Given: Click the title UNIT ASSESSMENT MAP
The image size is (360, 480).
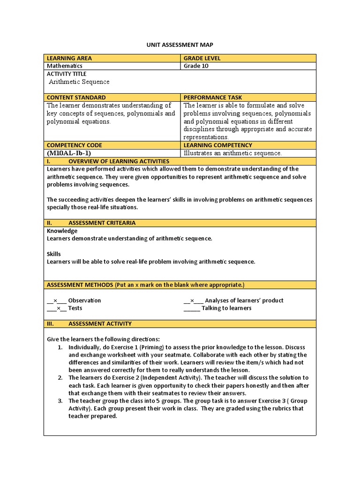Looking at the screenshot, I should [180, 45].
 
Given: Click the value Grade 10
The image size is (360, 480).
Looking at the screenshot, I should [196, 66].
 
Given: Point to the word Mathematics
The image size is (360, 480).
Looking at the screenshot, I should [65, 66].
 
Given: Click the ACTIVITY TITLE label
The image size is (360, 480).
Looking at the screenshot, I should [67, 74].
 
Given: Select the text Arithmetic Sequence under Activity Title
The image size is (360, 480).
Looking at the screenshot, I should [79, 82].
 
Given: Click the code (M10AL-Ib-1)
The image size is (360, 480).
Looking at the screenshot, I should [68, 153].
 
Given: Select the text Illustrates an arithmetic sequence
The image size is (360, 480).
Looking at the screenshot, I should [232, 153].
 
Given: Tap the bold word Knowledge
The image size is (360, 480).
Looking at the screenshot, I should [62, 231].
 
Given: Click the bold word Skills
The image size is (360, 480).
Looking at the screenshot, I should [54, 254].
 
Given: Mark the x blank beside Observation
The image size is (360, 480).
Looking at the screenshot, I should [56, 300].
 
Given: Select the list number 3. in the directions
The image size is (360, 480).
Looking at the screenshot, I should [60, 401].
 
